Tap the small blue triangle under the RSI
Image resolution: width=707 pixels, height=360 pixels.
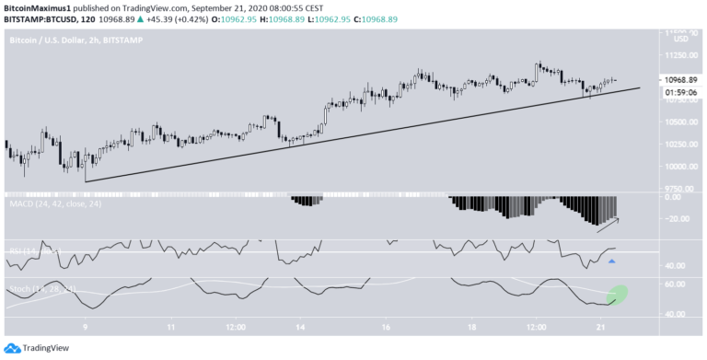[611, 261]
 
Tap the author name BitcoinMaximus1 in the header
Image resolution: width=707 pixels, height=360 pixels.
[42, 6]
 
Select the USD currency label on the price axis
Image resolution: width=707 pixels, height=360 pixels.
[681, 39]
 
